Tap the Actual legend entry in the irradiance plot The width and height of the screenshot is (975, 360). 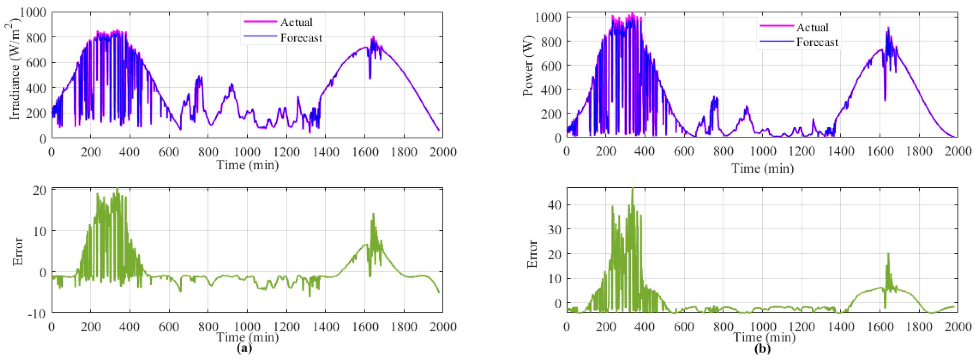point(296,22)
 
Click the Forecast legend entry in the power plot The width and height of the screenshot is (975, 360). point(817,42)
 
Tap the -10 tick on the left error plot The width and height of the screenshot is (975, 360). point(36,314)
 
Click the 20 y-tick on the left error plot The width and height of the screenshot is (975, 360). point(40,190)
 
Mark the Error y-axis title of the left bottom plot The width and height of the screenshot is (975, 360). point(18,252)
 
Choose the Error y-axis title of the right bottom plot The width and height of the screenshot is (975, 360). point(532,254)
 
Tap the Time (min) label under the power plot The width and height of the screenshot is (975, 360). point(762,168)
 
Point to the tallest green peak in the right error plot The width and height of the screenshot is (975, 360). point(632,189)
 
